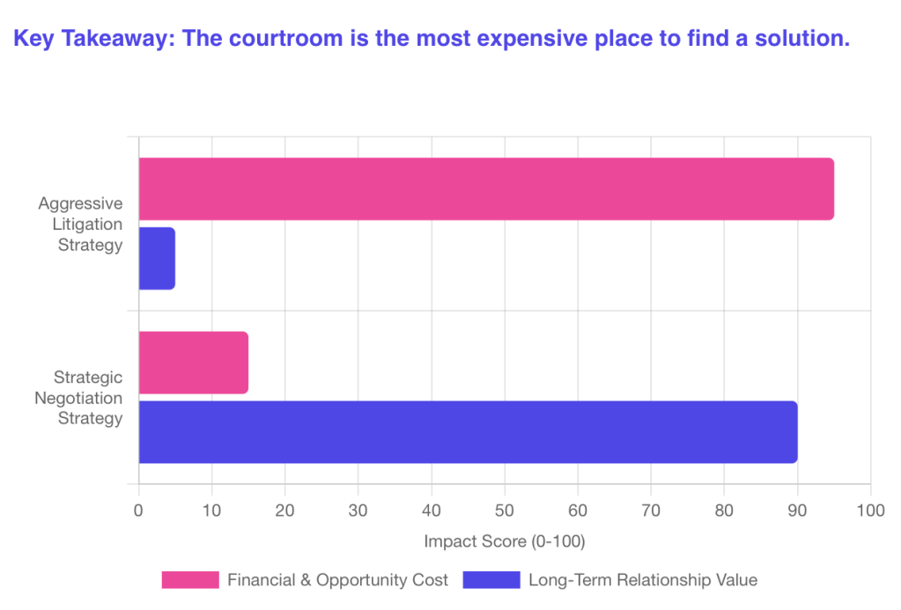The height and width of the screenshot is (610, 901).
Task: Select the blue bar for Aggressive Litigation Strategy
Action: coord(157,258)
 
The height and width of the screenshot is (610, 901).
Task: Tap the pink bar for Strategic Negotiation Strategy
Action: coord(193,363)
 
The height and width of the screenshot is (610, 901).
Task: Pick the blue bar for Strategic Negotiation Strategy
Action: coord(468,432)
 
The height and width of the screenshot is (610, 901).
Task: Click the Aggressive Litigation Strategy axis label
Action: coord(80,224)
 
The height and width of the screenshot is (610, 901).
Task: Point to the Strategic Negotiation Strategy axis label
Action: coord(78,398)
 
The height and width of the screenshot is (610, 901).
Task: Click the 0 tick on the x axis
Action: coord(138,510)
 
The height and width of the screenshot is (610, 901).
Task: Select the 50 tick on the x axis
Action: coord(505,510)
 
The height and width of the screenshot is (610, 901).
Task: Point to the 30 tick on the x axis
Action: coord(358,510)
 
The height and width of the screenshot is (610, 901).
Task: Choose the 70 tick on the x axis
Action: coord(651,510)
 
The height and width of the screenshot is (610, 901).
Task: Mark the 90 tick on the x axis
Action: coord(797,510)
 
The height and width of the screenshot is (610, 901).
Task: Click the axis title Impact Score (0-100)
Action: coord(505,540)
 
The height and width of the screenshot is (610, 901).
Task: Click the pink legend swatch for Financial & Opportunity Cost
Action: coord(189,580)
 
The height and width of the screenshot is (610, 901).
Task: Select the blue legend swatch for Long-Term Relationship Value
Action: coord(491,580)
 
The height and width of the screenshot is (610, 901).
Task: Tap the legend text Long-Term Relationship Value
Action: coord(643,580)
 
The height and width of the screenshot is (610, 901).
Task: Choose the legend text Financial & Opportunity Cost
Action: coord(338,580)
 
